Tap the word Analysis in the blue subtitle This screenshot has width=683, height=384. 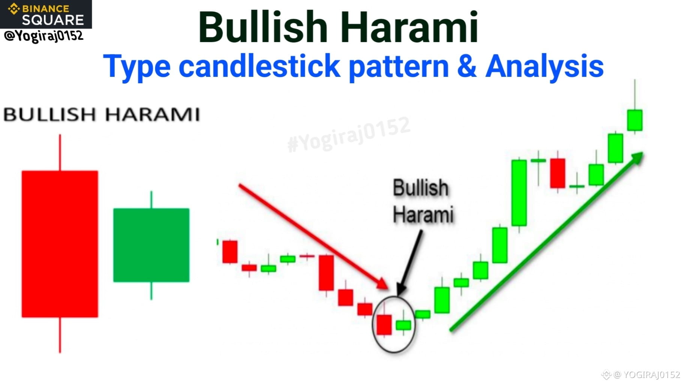544,67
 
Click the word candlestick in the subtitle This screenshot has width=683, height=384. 259,66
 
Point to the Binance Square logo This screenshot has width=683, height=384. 46,14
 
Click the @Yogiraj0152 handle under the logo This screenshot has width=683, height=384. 44,36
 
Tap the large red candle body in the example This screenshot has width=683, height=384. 60,244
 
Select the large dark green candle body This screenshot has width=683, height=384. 151,245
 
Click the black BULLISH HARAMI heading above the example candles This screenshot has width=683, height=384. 102,114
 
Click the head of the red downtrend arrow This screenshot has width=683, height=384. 383,284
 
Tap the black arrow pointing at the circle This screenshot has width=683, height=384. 409,262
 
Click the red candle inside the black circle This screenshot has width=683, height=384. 384,324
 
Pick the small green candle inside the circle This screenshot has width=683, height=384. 403,325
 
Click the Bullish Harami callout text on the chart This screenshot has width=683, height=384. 423,201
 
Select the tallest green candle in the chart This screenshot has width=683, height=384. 519,193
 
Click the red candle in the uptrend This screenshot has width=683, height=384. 557,173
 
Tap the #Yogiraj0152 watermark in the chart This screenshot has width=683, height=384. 349,134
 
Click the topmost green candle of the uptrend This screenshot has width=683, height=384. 635,120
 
